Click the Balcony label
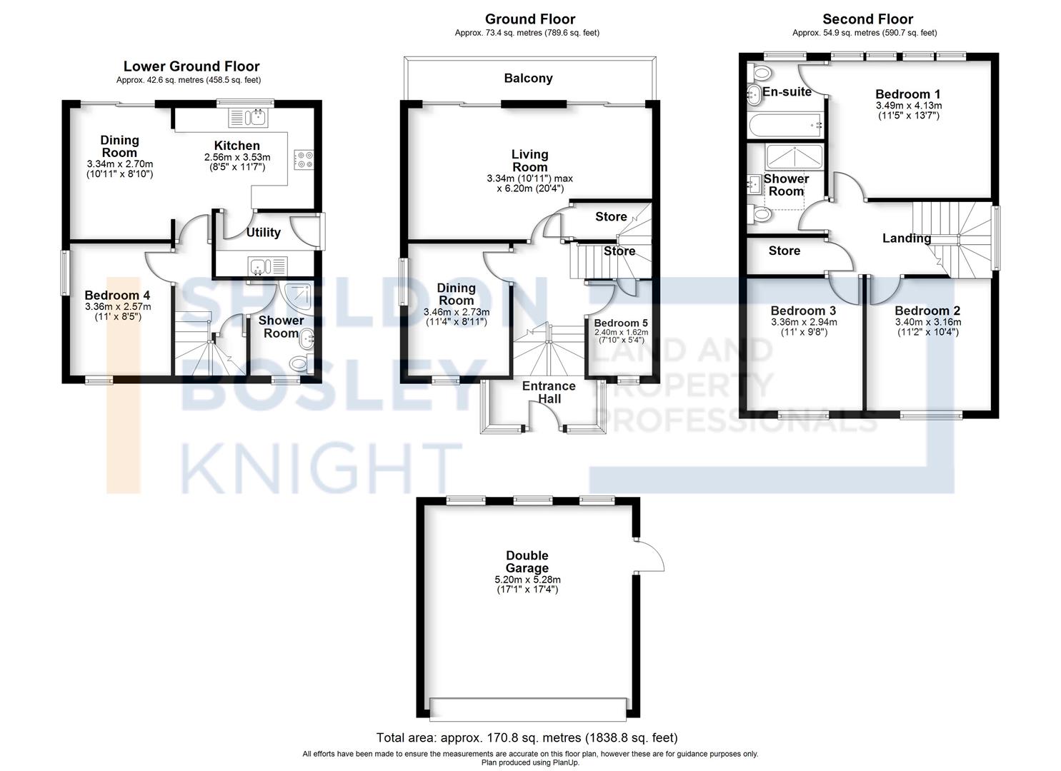(528, 78)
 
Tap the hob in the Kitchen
(304, 159)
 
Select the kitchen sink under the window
(248, 117)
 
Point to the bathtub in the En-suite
(785, 124)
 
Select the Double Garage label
(527, 561)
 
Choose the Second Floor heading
(868, 19)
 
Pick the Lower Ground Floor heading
(191, 66)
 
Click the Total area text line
(527, 737)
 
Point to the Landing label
(906, 238)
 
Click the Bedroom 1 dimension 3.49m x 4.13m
(909, 106)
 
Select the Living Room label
(529, 161)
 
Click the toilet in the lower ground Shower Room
(300, 363)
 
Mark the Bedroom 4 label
(117, 296)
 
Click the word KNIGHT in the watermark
(322, 468)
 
